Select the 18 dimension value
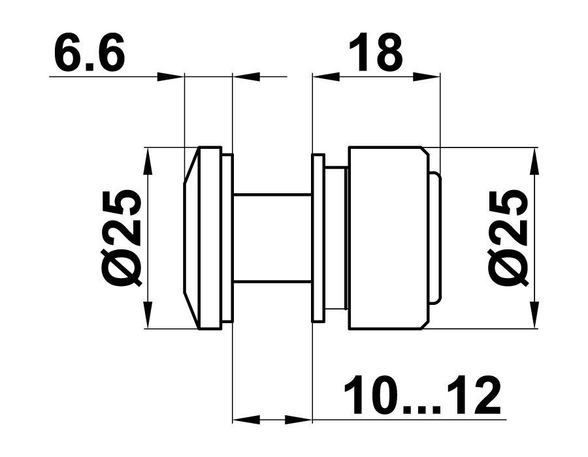[376, 52]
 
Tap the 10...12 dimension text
[423, 394]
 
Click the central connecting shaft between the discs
[272, 238]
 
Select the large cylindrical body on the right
[389, 238]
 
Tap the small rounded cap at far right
[435, 238]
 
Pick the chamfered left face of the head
[191, 238]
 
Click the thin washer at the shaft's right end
[318, 238]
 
